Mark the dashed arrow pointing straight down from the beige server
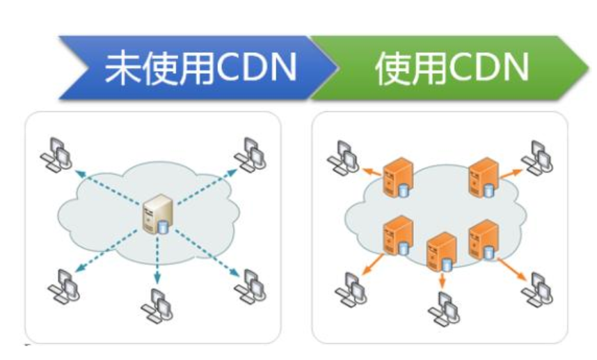pos(158,260)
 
